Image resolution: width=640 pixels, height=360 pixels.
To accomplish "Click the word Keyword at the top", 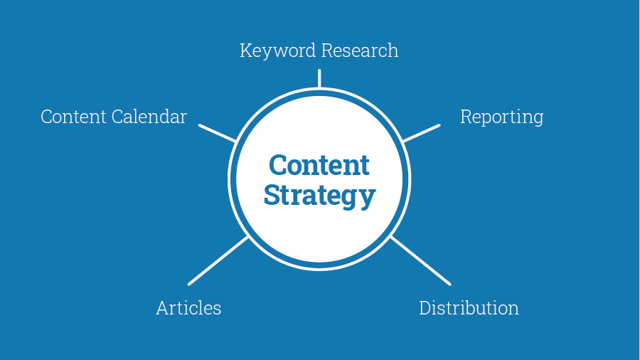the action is (277, 51).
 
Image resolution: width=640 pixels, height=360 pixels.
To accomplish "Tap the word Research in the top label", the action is (360, 51).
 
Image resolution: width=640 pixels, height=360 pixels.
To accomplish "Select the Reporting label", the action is (501, 117).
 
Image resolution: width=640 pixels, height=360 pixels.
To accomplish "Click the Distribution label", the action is (469, 308).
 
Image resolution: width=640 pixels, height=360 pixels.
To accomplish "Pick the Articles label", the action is (188, 308).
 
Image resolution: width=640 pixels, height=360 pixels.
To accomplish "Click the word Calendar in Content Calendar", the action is (149, 117).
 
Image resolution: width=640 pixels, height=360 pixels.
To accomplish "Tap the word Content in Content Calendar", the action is (73, 117).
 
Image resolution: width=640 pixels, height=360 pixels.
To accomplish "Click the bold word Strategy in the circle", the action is (319, 196).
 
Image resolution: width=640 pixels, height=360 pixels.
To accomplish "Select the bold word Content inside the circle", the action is (319, 165).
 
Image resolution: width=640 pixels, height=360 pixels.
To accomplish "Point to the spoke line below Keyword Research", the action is (319, 78).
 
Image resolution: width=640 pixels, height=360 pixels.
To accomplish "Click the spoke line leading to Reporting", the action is (422, 133).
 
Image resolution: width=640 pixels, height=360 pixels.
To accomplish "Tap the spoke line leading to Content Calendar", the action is (217, 133).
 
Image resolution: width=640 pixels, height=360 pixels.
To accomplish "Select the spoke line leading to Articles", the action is (218, 260).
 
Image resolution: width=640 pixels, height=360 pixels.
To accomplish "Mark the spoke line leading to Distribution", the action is (421, 260).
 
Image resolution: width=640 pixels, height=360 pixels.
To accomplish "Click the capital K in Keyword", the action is (245, 51).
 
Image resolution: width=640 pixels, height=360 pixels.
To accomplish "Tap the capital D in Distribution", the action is (426, 308).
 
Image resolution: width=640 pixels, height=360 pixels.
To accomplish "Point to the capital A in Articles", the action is (163, 309).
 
